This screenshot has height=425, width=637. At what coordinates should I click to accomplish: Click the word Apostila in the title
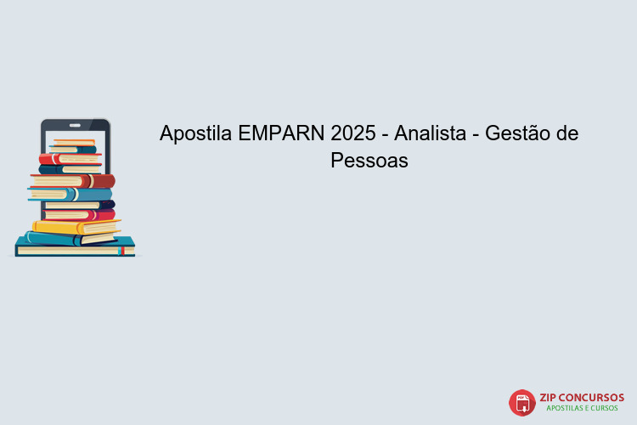(x=196, y=134)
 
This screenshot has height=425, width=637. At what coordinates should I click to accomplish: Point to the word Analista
(x=432, y=134)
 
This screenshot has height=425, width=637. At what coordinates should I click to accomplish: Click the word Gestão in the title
(x=517, y=134)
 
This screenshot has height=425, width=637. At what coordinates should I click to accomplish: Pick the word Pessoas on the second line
(x=369, y=161)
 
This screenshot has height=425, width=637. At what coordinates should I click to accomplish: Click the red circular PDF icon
(x=521, y=402)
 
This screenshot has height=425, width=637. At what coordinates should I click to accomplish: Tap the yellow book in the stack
(x=76, y=227)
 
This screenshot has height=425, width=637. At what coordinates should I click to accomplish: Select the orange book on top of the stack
(x=75, y=141)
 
